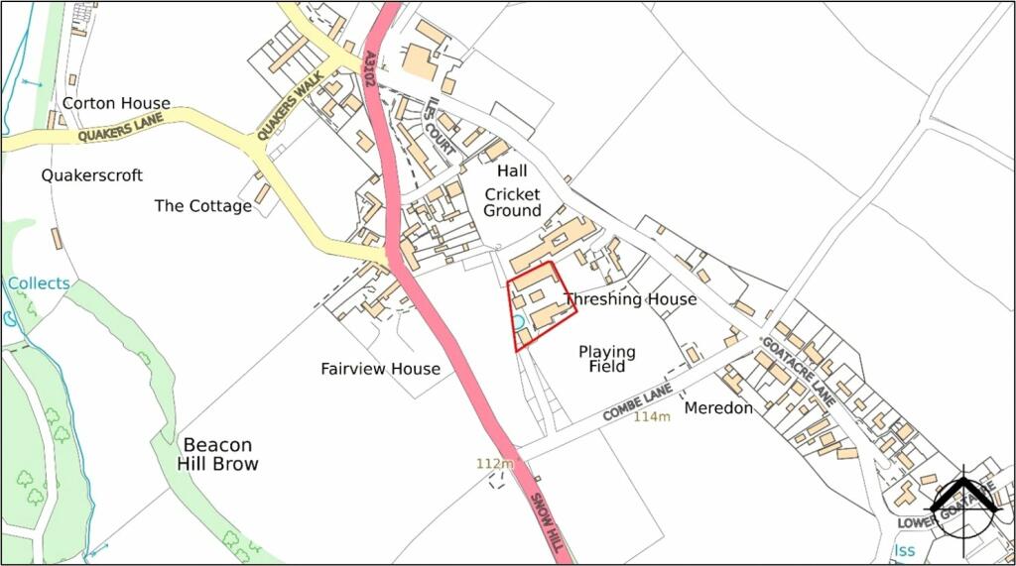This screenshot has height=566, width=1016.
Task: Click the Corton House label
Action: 116,103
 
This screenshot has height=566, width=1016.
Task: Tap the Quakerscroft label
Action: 91,175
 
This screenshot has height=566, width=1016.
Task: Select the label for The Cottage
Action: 202,206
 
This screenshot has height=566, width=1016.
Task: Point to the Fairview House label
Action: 380,369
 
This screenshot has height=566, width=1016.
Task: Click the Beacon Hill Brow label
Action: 217,454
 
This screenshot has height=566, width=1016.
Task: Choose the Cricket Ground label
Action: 512,202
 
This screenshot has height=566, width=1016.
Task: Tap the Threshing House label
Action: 630,299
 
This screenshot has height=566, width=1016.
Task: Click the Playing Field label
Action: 607,359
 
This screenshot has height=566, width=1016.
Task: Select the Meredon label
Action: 718,407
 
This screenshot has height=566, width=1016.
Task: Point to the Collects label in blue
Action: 40,283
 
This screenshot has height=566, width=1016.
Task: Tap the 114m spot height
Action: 652,416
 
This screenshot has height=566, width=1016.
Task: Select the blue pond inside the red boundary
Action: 518,321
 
